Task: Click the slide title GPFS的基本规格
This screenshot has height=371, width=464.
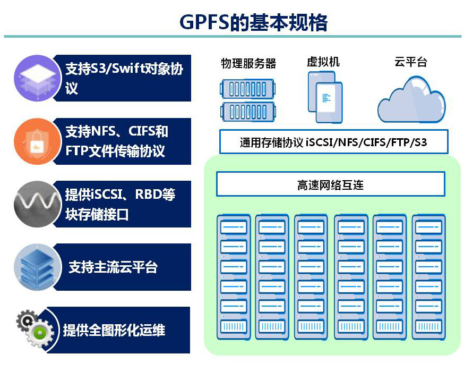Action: click(x=253, y=22)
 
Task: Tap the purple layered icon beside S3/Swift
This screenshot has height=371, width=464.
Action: click(x=36, y=77)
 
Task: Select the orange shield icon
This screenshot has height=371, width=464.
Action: click(x=36, y=140)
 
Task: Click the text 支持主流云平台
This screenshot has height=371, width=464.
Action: click(x=113, y=267)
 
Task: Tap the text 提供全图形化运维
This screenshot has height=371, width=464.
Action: click(x=114, y=330)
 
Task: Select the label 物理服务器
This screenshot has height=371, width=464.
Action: click(x=248, y=64)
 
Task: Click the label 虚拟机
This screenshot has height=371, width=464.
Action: click(x=323, y=62)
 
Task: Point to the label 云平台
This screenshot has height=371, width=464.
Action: click(x=411, y=62)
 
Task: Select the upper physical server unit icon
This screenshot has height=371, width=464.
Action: click(x=248, y=87)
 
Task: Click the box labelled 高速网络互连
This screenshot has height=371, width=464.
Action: click(x=330, y=185)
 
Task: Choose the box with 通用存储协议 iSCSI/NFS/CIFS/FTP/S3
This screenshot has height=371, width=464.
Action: click(x=333, y=142)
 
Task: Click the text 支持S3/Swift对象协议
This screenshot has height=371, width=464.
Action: click(x=124, y=78)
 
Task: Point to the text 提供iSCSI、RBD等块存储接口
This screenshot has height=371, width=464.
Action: click(x=119, y=204)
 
